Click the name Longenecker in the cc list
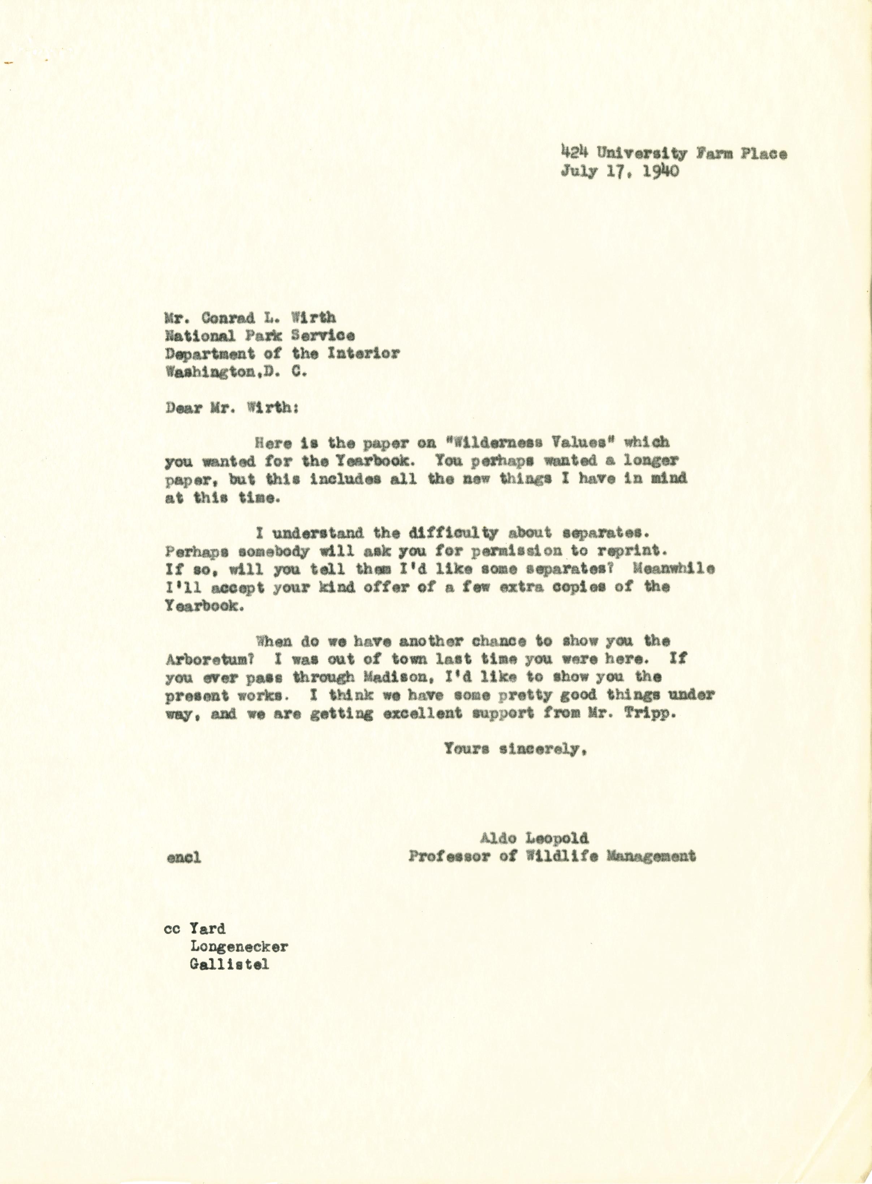pyautogui.click(x=238, y=946)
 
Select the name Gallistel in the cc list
pyautogui.click(x=229, y=964)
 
